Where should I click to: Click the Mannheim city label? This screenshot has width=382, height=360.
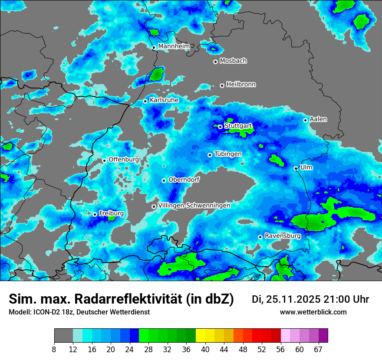(x=174, y=46)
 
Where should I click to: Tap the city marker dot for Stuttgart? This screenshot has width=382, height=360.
(x=220, y=127)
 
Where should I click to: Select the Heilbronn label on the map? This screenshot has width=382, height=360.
(x=241, y=84)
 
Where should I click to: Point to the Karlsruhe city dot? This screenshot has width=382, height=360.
(x=145, y=101)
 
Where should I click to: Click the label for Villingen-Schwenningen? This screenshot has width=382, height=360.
(x=194, y=205)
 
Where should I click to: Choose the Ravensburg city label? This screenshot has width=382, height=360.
(x=283, y=236)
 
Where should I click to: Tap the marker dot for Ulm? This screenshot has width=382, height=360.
(x=296, y=168)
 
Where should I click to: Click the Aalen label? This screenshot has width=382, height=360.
(x=318, y=119)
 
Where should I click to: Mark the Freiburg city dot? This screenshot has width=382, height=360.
(x=95, y=214)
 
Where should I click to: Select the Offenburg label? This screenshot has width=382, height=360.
(x=124, y=159)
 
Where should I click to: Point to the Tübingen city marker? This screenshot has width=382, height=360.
(x=210, y=155)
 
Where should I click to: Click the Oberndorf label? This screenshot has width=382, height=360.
(x=184, y=180)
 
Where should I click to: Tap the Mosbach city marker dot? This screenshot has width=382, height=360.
(x=215, y=62)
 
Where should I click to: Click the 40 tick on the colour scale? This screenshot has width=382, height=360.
(x=205, y=349)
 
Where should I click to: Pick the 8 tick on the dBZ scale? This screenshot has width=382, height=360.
(x=54, y=349)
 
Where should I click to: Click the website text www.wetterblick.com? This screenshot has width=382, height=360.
(x=313, y=312)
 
